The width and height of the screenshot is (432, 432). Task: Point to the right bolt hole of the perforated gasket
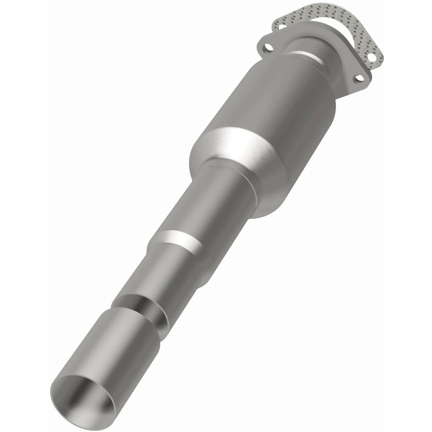tap(374, 57)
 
